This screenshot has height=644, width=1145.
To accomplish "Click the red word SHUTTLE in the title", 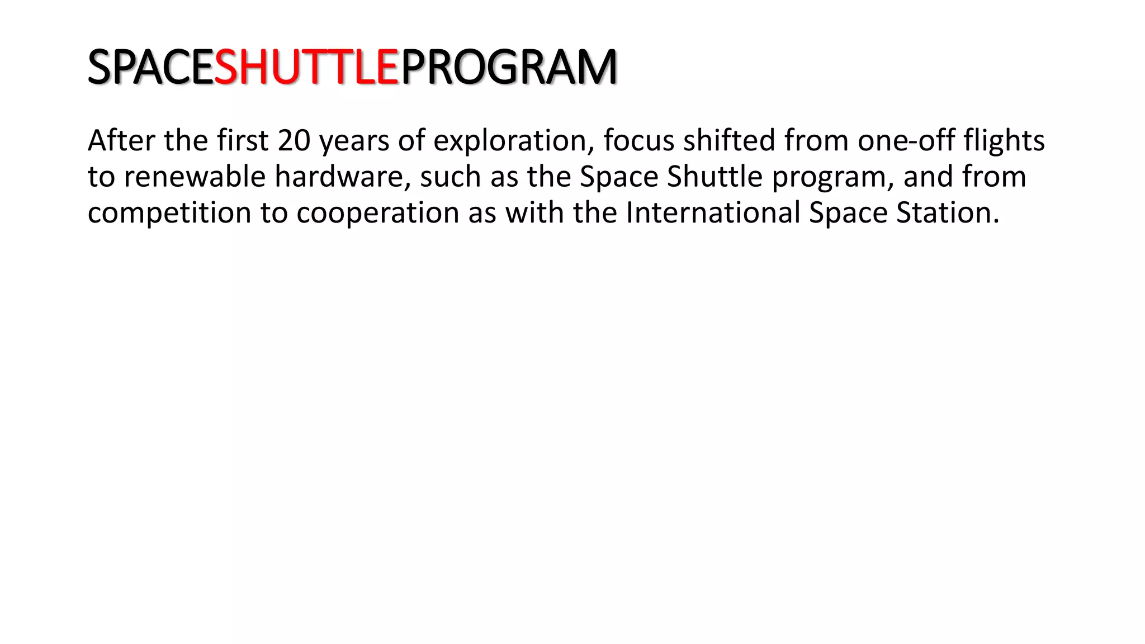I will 306,67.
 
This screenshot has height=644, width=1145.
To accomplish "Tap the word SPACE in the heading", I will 151,67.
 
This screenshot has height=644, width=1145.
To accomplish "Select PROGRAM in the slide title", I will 509,67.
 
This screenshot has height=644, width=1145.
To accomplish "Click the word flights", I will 1004,141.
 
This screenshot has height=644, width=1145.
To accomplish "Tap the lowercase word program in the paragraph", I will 833,178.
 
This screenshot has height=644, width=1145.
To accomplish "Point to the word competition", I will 169,213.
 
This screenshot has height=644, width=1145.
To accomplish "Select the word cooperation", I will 378,213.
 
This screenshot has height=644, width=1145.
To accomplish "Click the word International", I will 713,212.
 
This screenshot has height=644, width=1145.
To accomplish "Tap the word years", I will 354,141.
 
